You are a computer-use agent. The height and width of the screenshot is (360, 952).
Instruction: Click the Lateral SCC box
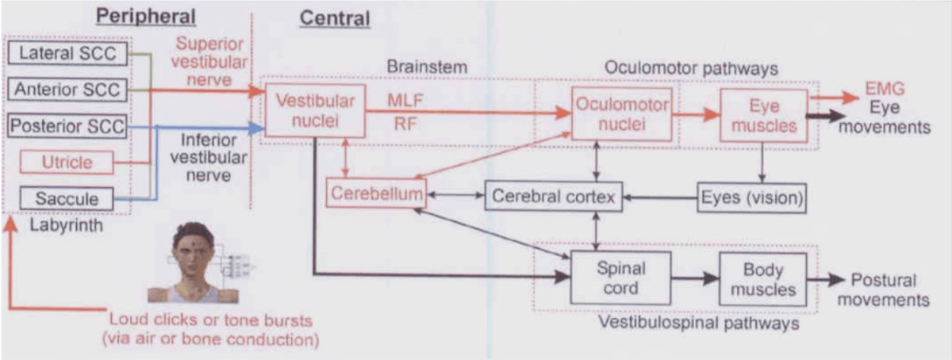pyautogui.click(x=67, y=54)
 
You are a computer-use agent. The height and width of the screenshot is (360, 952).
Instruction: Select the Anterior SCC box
pyautogui.click(x=67, y=90)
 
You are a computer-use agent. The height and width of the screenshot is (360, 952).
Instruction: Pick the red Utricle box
pyautogui.click(x=67, y=163)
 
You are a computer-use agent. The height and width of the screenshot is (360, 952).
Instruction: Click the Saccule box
pyautogui.click(x=67, y=198)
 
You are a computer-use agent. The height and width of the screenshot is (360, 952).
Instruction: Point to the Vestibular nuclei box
pyautogui.click(x=314, y=110)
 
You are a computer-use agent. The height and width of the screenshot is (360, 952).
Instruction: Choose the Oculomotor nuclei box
pyautogui.click(x=621, y=114)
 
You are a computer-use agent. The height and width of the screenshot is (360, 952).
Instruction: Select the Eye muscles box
pyautogui.click(x=763, y=116)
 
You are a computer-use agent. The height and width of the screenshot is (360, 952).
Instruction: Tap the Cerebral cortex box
pyautogui.click(x=553, y=197)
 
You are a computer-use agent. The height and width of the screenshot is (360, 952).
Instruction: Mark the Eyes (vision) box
pyautogui.click(x=751, y=197)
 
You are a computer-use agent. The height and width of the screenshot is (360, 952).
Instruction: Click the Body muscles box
pyautogui.click(x=762, y=279)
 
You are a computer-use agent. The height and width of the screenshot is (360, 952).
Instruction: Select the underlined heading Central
pyautogui.click(x=334, y=17)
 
